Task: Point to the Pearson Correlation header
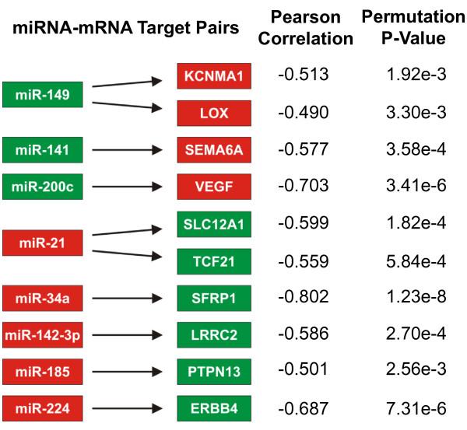pos(304,28)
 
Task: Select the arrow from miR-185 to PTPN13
pos(125,371)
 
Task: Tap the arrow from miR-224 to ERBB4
pos(125,407)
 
